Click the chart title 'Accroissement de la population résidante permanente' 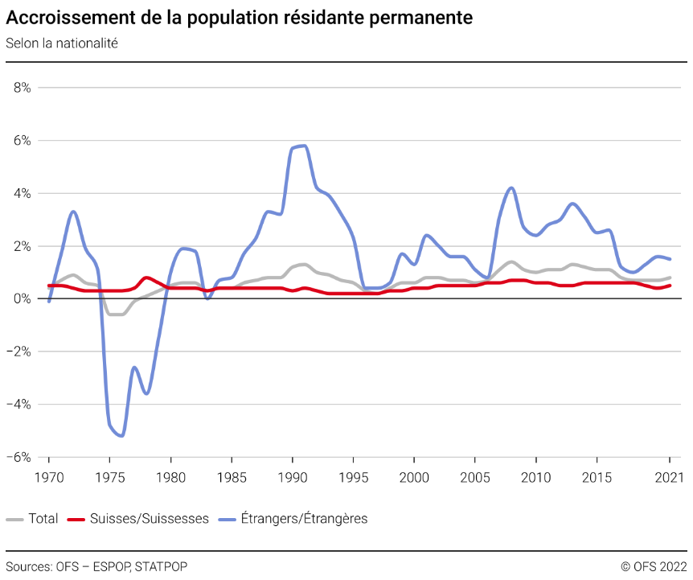coord(239,18)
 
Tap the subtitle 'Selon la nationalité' coord(62,43)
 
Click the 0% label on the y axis coord(22,299)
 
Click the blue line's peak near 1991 coord(302,146)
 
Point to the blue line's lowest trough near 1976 coord(121,435)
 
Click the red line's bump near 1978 coord(146,278)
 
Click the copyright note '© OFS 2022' coord(654,566)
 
